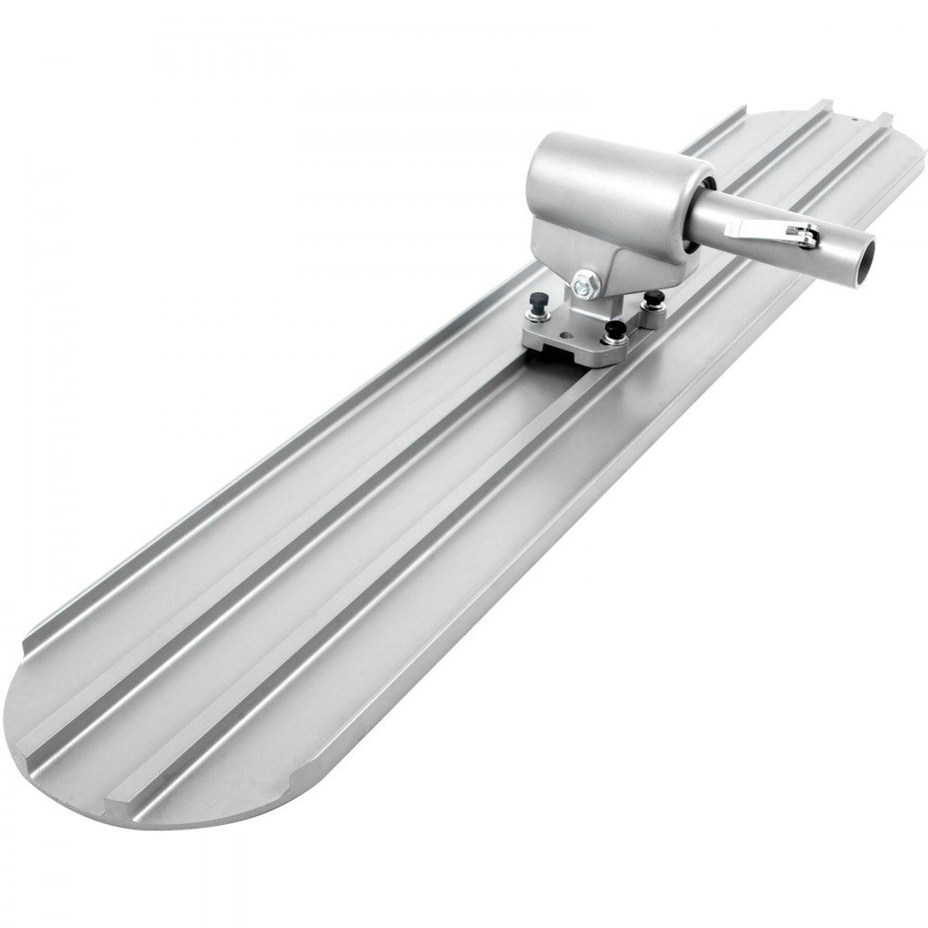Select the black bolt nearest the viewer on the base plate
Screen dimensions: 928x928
point(615,330)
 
